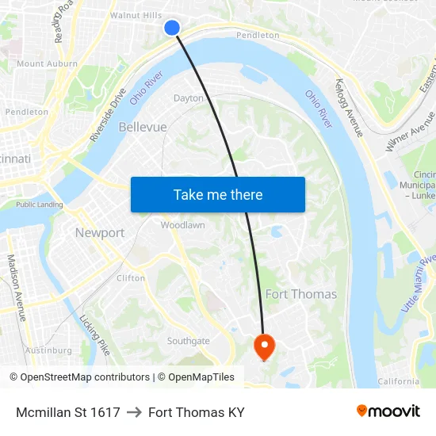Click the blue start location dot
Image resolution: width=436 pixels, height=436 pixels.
(172, 28)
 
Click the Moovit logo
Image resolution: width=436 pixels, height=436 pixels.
(388, 411)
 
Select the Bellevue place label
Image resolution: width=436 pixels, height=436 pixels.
(143, 127)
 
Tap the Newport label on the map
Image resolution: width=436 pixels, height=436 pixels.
(100, 233)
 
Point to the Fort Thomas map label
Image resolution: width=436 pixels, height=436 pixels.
(300, 294)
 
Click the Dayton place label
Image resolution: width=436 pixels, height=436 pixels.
(189, 98)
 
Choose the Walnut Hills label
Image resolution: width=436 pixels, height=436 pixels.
(136, 15)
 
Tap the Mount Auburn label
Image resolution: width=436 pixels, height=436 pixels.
(47, 63)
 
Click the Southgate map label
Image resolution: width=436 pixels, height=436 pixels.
(188, 342)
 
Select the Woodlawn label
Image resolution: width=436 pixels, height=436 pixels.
(183, 225)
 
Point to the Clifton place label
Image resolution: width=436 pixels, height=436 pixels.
(131, 278)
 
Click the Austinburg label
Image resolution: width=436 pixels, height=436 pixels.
(48, 350)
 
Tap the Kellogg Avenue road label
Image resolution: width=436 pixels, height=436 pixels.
(349, 107)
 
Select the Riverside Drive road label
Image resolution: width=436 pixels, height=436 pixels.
(109, 115)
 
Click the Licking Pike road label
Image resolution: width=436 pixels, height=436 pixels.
(94, 334)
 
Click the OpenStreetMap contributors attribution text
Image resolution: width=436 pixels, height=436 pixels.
(85, 377)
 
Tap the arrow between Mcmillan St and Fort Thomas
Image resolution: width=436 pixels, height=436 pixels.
(134, 412)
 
